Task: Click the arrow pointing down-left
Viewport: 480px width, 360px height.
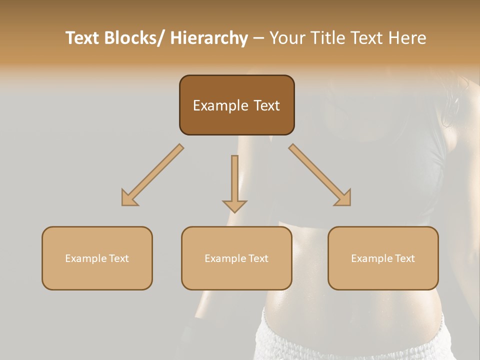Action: pyautogui.click(x=152, y=175)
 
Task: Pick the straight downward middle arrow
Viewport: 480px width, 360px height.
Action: pyautogui.click(x=234, y=182)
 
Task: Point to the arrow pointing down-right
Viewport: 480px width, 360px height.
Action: pyautogui.click(x=320, y=175)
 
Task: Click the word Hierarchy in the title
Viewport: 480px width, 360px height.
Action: pyautogui.click(x=209, y=38)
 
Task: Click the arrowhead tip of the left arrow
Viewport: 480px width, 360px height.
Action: pyautogui.click(x=123, y=204)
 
